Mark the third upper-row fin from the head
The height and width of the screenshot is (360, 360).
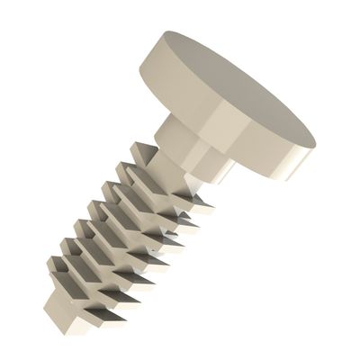pos(109,190)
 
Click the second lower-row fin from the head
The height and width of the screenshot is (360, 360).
pos(184,220)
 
